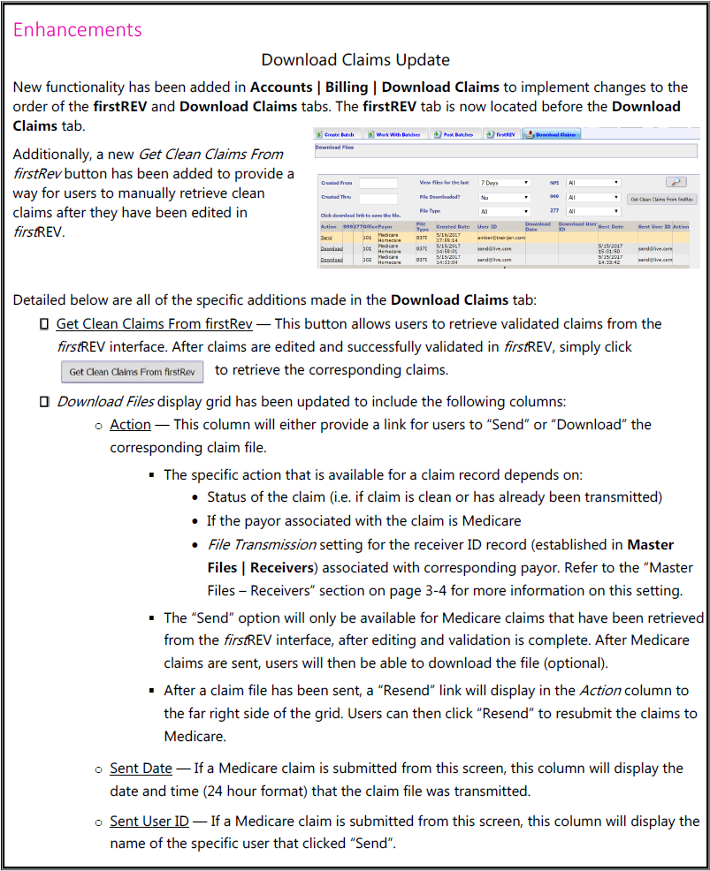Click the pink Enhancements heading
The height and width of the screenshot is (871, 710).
(x=78, y=29)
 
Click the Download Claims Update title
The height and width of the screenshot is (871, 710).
(x=355, y=60)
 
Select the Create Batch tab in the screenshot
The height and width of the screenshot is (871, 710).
(x=339, y=134)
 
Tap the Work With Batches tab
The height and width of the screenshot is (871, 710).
(x=397, y=134)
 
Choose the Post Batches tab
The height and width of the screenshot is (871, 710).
(x=455, y=134)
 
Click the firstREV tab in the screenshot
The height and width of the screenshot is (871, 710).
(x=503, y=134)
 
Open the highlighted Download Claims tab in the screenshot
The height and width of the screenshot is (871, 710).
(x=553, y=134)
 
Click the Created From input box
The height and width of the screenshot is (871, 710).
(x=378, y=183)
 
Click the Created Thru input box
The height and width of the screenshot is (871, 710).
(x=378, y=198)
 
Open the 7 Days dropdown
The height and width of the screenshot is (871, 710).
(x=504, y=183)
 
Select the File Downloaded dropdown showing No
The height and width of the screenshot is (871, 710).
(x=504, y=198)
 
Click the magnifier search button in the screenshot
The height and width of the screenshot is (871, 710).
(x=676, y=182)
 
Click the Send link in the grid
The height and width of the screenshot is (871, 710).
(x=326, y=238)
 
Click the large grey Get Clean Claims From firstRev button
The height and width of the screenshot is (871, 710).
(x=133, y=372)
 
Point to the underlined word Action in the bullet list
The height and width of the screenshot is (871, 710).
(x=130, y=425)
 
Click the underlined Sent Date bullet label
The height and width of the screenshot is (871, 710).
(x=141, y=769)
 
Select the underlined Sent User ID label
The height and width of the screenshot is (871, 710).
(x=149, y=822)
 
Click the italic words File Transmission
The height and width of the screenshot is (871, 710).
(x=261, y=544)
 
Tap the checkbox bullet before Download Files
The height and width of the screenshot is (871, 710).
(x=44, y=402)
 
